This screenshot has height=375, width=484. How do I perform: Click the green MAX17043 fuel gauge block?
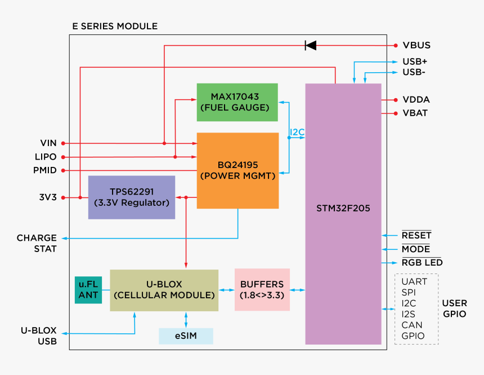(237, 102)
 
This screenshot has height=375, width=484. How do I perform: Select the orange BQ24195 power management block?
(237, 170)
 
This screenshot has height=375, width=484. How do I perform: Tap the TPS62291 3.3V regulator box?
(131, 197)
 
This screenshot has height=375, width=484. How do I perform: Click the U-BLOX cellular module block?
(164, 290)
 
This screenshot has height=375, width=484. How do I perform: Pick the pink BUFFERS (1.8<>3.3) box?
(262, 290)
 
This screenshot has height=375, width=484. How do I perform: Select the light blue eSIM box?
(186, 336)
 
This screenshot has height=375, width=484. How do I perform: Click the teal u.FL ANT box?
(88, 290)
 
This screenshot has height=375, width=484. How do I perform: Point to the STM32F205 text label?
(343, 208)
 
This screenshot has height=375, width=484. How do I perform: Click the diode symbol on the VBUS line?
(310, 45)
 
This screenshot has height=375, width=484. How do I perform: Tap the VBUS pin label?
(416, 45)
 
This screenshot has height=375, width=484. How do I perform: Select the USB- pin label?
(414, 72)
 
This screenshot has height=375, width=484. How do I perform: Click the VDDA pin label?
(416, 99)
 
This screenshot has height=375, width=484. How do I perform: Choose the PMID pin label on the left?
(44, 170)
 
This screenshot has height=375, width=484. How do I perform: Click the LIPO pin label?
(45, 157)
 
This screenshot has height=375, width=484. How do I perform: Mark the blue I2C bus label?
(297, 132)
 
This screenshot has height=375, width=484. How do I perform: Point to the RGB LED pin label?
(422, 263)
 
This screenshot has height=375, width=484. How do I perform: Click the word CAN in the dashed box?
(411, 325)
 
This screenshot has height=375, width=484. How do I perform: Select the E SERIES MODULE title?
(115, 27)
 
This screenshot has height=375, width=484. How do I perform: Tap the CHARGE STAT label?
(37, 243)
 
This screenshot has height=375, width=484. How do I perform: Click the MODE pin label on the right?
(415, 249)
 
